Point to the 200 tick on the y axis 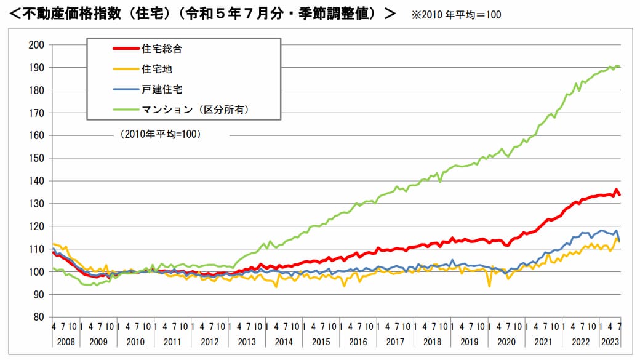(x=38, y=45)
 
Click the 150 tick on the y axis (x=38, y=158)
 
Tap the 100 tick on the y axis (x=38, y=272)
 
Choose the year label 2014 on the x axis (x=284, y=342)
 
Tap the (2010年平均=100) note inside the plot (x=161, y=134)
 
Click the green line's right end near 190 (x=618, y=66)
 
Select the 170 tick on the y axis (x=38, y=113)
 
